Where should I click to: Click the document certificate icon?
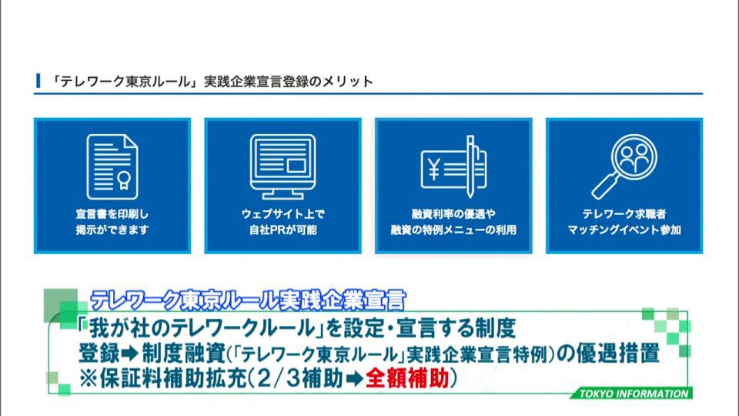(x=112, y=166)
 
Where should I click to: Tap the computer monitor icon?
(x=283, y=166)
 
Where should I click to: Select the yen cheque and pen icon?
(x=453, y=166)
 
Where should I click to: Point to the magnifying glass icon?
(x=624, y=166)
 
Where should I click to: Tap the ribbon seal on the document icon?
(x=123, y=180)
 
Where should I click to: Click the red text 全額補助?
(x=407, y=378)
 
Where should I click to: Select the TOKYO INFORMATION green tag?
(x=631, y=394)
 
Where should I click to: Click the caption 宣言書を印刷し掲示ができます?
(x=112, y=222)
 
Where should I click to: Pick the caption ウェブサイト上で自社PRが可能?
(x=283, y=222)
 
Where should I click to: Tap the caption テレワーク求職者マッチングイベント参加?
(x=624, y=222)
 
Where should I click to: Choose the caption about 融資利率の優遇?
(x=453, y=222)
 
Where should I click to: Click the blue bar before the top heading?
(x=38, y=81)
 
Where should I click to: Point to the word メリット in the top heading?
(x=348, y=82)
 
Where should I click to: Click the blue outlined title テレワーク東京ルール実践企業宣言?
(x=248, y=300)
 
